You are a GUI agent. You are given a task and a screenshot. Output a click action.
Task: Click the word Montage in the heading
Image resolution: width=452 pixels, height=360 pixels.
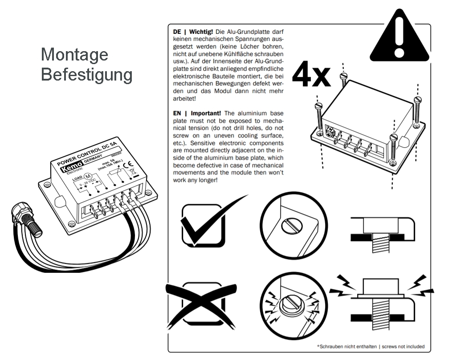coord(74,55)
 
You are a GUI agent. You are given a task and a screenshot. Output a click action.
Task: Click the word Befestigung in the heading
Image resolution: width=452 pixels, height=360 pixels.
coord(86,74)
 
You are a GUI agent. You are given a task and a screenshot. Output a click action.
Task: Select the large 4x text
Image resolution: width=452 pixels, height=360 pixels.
coord(311,75)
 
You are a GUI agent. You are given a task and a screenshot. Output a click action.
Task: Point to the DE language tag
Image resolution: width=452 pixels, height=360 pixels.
coord(177,33)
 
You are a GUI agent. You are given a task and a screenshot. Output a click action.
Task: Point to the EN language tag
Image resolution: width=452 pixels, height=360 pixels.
coord(177,113)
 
